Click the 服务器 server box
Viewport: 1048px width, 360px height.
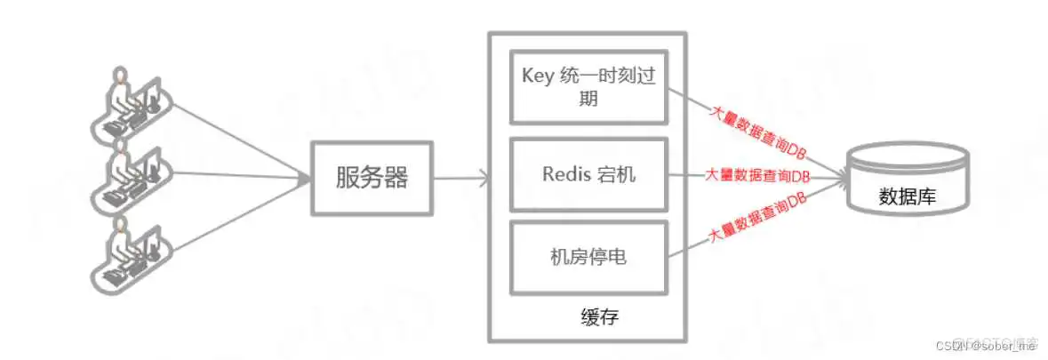tap(372, 178)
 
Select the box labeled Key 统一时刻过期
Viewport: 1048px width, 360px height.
tap(588, 87)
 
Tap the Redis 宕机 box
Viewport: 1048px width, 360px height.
tap(588, 174)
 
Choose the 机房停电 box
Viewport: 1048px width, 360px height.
tap(588, 258)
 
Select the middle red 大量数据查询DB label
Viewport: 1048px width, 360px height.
tap(757, 175)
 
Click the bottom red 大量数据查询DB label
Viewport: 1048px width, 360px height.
tap(758, 220)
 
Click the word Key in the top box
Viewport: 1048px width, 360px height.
tap(536, 76)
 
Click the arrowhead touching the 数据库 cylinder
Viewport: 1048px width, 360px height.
tap(840, 179)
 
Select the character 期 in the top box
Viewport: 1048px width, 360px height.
tap(588, 100)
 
